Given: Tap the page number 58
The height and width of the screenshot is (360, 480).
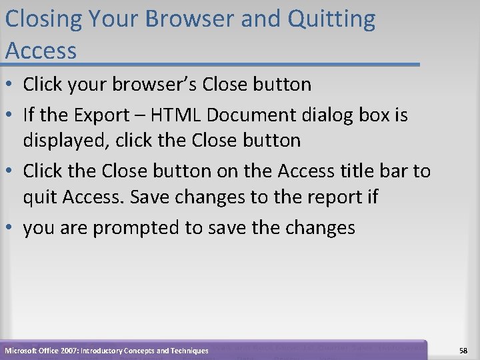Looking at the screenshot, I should pos(463,350).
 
